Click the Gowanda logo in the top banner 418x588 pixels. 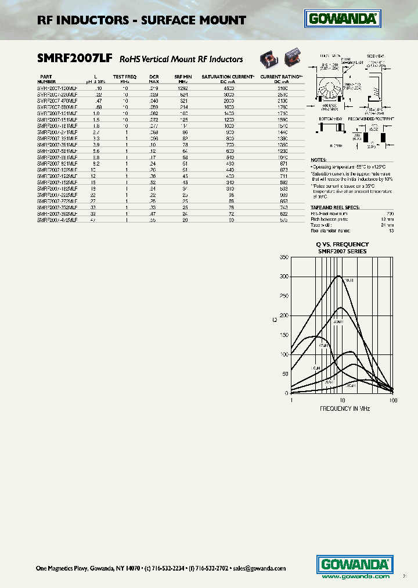point(343,20)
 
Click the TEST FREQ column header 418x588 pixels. point(125,77)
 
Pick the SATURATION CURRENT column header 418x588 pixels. point(227,77)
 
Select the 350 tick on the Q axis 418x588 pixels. point(283,257)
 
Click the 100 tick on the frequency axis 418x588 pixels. point(392,400)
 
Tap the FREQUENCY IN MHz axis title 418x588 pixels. point(345,408)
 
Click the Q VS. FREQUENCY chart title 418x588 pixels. point(343,244)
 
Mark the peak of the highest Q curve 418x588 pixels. point(339,276)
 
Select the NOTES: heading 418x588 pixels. point(319,159)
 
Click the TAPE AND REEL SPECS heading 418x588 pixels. point(335,207)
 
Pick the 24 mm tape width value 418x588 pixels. point(388,224)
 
